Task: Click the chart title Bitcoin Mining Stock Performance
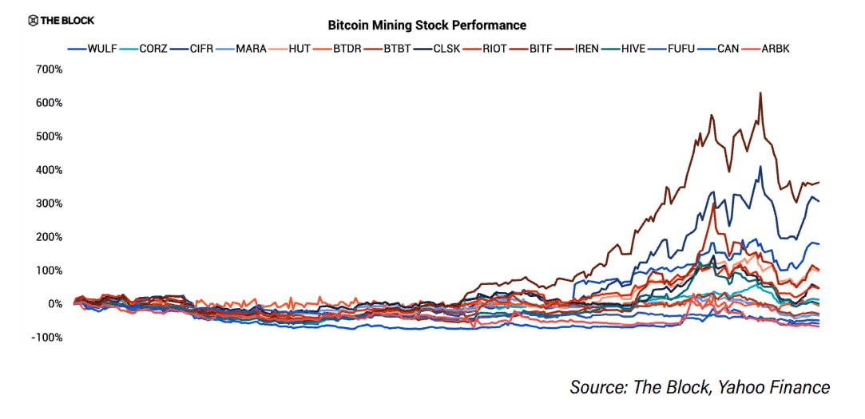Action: pyautogui.click(x=427, y=26)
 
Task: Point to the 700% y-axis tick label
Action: pyautogui.click(x=48, y=70)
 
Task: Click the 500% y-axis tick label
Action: pyautogui.click(x=48, y=136)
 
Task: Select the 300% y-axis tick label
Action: pyautogui.click(x=48, y=204)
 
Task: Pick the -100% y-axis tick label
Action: pyautogui.click(x=46, y=338)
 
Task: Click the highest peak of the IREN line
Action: pyautogui.click(x=760, y=93)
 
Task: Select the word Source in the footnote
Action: pyautogui.click(x=597, y=388)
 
